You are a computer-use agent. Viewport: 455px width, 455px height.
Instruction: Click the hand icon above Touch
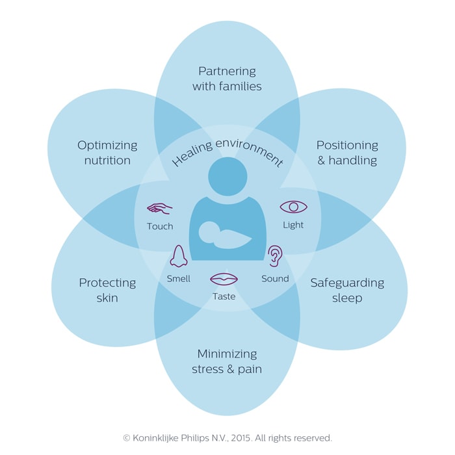click(x=159, y=209)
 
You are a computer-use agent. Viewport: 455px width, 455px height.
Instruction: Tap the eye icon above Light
click(x=293, y=207)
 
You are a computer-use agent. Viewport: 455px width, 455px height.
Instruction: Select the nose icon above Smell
click(x=178, y=256)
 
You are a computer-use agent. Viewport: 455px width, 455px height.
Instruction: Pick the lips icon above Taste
click(x=224, y=279)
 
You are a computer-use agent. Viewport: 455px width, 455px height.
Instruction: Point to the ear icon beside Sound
click(x=276, y=256)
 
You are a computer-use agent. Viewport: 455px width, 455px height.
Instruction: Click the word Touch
click(x=160, y=226)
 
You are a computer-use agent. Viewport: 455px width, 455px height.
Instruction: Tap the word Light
click(x=293, y=225)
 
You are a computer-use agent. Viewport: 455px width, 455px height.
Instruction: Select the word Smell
click(x=178, y=278)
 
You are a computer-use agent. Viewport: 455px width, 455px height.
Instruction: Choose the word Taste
click(x=224, y=296)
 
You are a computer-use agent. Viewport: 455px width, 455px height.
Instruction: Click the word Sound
click(x=275, y=278)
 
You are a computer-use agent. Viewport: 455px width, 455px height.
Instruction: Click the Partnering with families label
click(x=227, y=78)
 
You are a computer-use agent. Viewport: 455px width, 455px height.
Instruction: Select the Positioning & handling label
click(x=346, y=152)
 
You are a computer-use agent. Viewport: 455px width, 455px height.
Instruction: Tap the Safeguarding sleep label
click(x=346, y=290)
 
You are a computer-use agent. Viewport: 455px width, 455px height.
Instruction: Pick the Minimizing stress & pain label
click(x=227, y=361)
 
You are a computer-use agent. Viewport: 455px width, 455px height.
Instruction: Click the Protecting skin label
click(x=107, y=290)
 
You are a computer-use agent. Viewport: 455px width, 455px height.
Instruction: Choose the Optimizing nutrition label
click(x=107, y=152)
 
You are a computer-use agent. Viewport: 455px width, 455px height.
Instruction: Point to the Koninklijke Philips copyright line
click(x=227, y=437)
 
